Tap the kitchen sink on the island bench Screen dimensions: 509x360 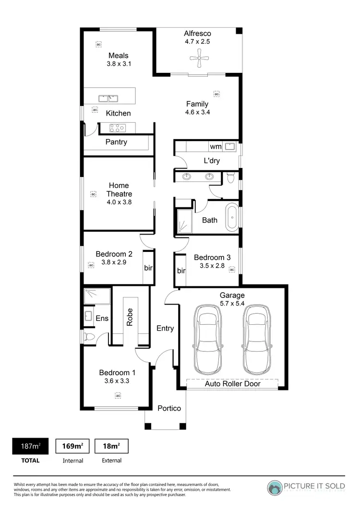point(108,98)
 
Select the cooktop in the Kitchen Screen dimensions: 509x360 point(118,128)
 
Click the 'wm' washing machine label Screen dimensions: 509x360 point(216,146)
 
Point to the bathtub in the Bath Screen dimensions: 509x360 point(232,217)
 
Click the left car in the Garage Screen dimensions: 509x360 point(208,341)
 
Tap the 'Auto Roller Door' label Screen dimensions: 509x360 point(232,384)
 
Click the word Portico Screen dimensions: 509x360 point(169,408)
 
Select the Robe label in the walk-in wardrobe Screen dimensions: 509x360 point(130,317)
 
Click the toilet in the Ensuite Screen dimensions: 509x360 point(88,337)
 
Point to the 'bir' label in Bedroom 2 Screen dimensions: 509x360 point(148,267)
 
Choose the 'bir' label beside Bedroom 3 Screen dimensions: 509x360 point(181,271)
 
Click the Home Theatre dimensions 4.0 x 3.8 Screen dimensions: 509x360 point(119,202)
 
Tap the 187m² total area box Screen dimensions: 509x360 point(30,446)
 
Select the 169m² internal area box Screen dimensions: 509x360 point(73,446)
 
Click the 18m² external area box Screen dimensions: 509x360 point(112,446)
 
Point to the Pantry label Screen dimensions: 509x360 point(116,142)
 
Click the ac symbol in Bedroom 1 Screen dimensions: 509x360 point(118,395)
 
